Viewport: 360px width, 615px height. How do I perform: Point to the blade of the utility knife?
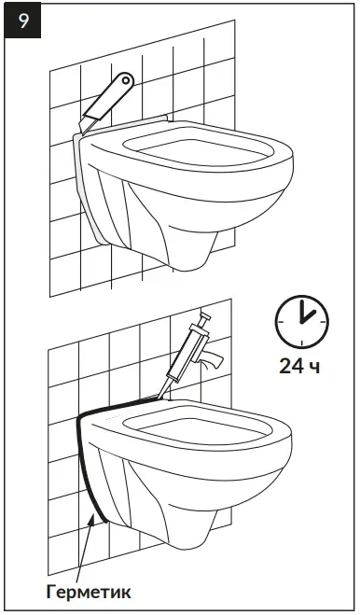[x=90, y=121]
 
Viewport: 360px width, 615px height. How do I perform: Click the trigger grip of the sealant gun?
[x=214, y=359]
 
